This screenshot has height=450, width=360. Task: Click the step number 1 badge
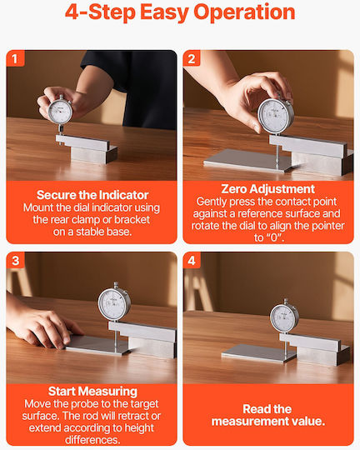(x=15, y=58)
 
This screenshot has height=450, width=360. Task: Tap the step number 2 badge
(x=192, y=58)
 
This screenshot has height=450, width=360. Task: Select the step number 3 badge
(x=16, y=261)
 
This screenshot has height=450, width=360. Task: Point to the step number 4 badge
(x=192, y=261)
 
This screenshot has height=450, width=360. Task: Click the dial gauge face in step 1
(x=60, y=111)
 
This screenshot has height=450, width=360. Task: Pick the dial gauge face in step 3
(x=114, y=304)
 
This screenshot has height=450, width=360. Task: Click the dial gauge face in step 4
(x=284, y=317)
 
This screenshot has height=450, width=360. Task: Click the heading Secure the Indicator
(x=92, y=195)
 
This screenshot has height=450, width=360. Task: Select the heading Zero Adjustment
(x=267, y=189)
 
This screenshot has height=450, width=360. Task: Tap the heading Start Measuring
(x=92, y=392)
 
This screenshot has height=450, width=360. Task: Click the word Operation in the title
(x=244, y=12)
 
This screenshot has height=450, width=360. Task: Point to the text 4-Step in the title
(x=100, y=12)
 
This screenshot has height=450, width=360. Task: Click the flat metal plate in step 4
(x=258, y=353)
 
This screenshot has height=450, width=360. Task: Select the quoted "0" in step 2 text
(x=273, y=237)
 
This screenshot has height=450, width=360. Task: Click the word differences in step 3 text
(x=92, y=440)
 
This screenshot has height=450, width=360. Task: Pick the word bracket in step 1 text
(x=132, y=220)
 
